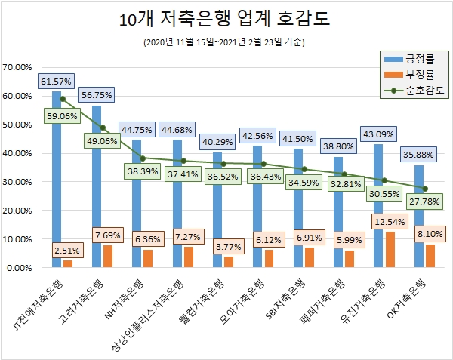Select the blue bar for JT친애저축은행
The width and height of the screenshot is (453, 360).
click(57, 181)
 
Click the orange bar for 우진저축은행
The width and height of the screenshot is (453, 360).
click(389, 250)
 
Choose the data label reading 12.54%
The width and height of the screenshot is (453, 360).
click(389, 223)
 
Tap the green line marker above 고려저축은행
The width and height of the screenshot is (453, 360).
click(103, 128)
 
